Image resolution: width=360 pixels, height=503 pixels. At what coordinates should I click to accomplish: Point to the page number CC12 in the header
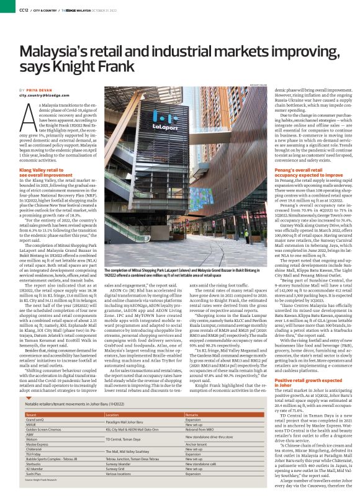coord(23,9)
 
